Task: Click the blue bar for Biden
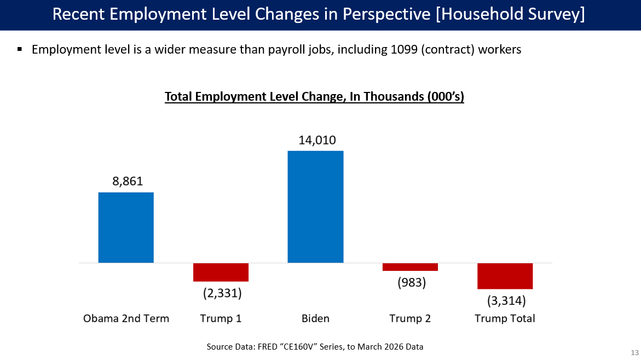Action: pyautogui.click(x=315, y=207)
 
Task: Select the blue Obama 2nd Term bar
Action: pyautogui.click(x=126, y=228)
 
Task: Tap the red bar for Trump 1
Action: pyautogui.click(x=221, y=272)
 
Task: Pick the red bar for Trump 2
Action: pyautogui.click(x=410, y=267)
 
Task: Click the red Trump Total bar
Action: pyautogui.click(x=505, y=276)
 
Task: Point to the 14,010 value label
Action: pyautogui.click(x=317, y=140)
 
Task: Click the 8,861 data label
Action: pyautogui.click(x=128, y=182)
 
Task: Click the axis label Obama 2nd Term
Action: pyautogui.click(x=126, y=318)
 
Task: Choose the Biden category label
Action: pyautogui.click(x=315, y=318)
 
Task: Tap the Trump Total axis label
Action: pyautogui.click(x=505, y=318)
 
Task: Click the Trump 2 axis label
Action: pyautogui.click(x=410, y=318)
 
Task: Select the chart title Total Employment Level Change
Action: pyautogui.click(x=314, y=97)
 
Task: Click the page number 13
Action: pyautogui.click(x=635, y=351)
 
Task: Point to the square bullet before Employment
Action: pyautogui.click(x=20, y=49)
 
